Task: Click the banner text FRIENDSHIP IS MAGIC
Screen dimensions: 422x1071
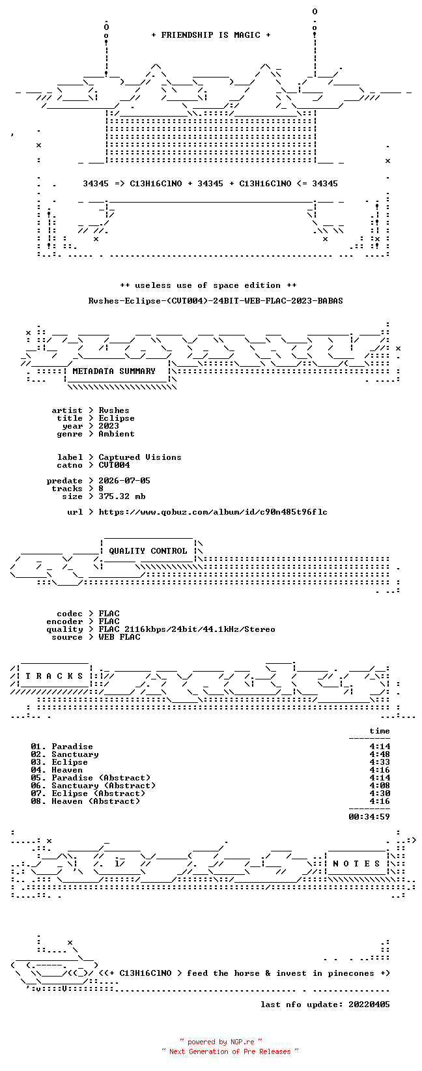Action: pyautogui.click(x=211, y=35)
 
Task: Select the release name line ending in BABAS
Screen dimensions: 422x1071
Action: pyautogui.click(x=216, y=301)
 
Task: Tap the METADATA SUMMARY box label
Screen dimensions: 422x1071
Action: pyautogui.click(x=114, y=371)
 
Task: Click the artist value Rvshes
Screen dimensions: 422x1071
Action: pyautogui.click(x=114, y=410)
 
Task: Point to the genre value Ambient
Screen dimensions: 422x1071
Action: pyautogui.click(x=117, y=434)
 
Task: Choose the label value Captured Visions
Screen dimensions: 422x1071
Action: pyautogui.click(x=140, y=457)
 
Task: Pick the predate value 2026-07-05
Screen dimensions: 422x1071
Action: pyautogui.click(x=124, y=481)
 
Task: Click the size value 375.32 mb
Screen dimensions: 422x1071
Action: pyautogui.click(x=122, y=496)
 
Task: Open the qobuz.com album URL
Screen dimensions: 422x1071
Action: pyautogui.click(x=213, y=512)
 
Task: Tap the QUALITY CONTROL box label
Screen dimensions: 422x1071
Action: pyautogui.click(x=148, y=550)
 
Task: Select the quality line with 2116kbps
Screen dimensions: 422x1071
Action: pyautogui.click(x=187, y=629)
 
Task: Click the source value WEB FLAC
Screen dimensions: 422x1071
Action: pyautogui.click(x=119, y=637)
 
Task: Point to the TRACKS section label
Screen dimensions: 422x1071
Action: pyautogui.click(x=54, y=676)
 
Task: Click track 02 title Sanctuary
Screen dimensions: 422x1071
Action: pyautogui.click(x=75, y=754)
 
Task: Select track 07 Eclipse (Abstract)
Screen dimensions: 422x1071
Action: pyautogui.click(x=98, y=793)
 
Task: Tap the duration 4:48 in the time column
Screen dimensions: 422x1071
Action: pyautogui.click(x=380, y=754)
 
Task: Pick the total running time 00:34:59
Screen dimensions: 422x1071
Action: pyautogui.click(x=369, y=817)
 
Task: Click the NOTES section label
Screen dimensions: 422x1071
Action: pyautogui.click(x=356, y=864)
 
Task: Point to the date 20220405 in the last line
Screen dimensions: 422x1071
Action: pyautogui.click(x=369, y=1005)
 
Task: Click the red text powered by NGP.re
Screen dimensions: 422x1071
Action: pyautogui.click(x=221, y=1042)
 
